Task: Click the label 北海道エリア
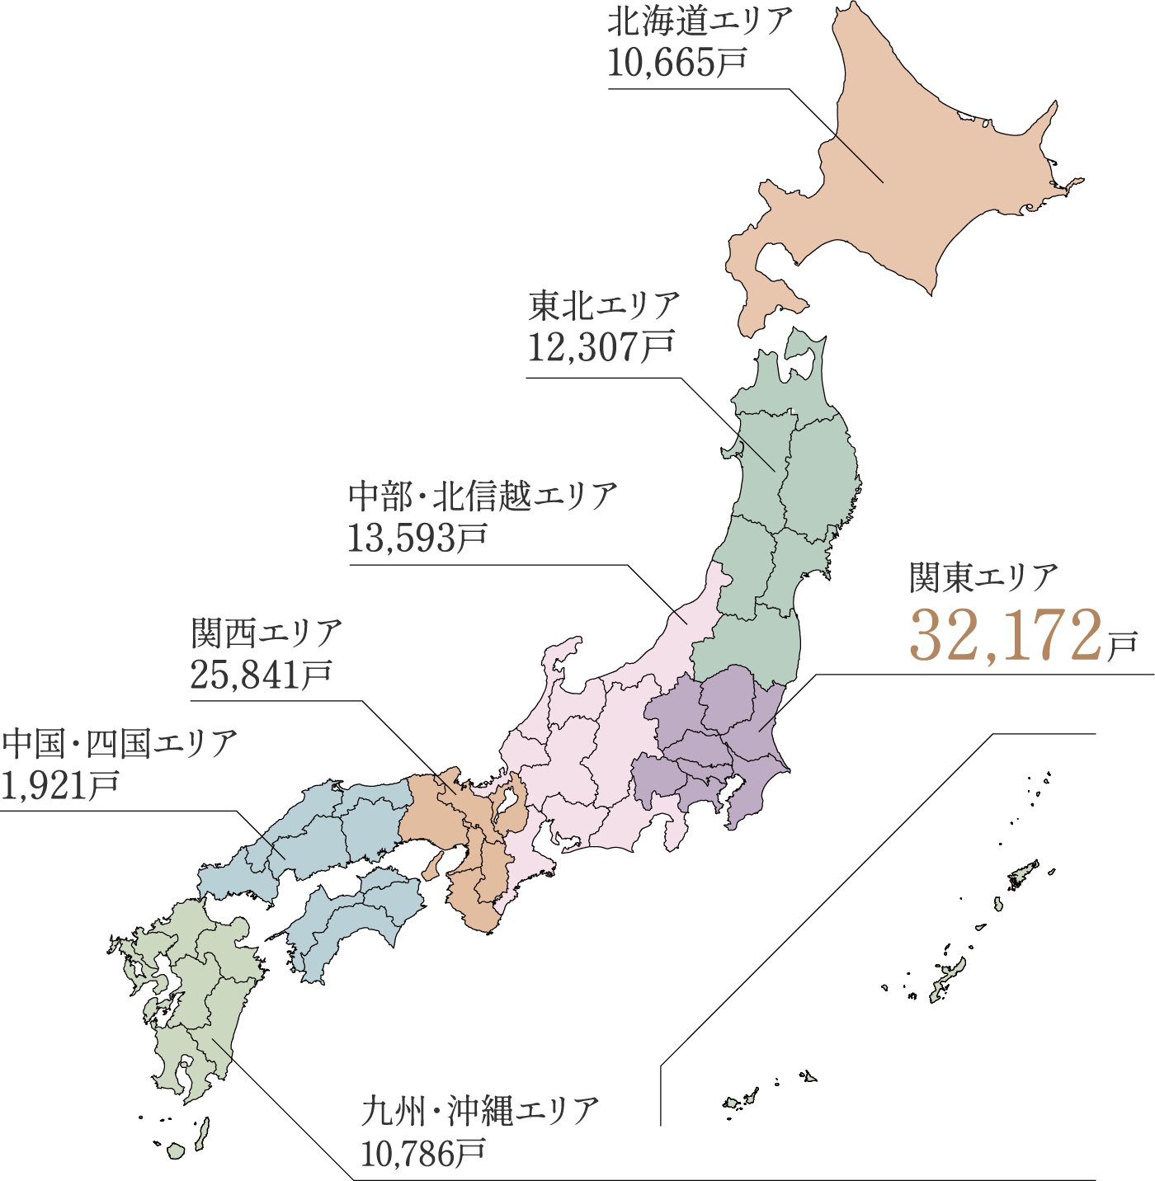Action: pyautogui.click(x=700, y=21)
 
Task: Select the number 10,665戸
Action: pyautogui.click(x=676, y=63)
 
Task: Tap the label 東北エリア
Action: pyautogui.click(x=603, y=306)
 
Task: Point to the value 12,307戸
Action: pyautogui.click(x=601, y=346)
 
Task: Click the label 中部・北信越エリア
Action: pyautogui.click(x=482, y=496)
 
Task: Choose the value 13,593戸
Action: pyautogui.click(x=417, y=538)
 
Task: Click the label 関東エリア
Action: pyautogui.click(x=983, y=576)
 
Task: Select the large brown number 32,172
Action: pyautogui.click(x=1005, y=636)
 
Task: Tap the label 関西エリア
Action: pyautogui.click(x=266, y=633)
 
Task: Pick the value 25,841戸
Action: pyautogui.click(x=261, y=675)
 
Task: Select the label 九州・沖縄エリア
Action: pyautogui.click(x=479, y=1111)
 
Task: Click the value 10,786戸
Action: pyautogui.click(x=422, y=1152)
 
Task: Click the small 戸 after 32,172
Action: pyautogui.click(x=1121, y=646)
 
